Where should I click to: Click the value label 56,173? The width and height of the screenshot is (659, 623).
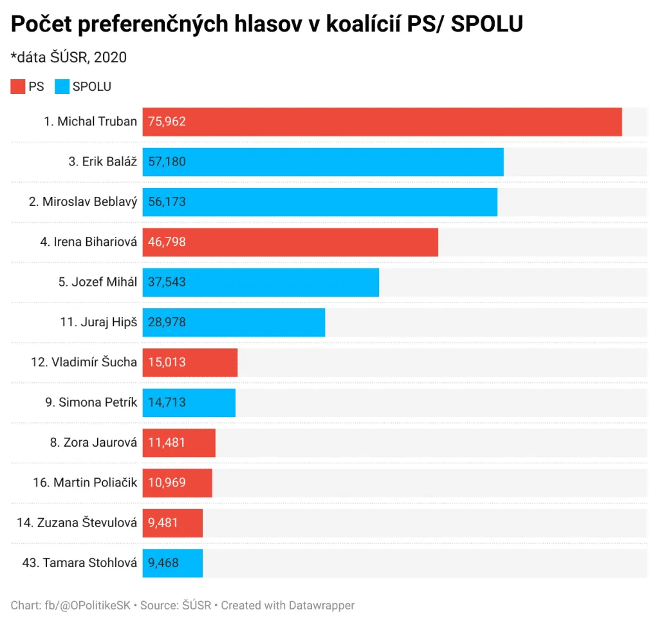(x=167, y=201)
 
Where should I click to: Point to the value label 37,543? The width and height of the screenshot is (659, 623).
(x=167, y=282)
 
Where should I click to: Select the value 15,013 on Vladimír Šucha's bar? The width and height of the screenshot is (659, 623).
(x=167, y=362)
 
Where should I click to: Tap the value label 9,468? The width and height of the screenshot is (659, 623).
(x=163, y=563)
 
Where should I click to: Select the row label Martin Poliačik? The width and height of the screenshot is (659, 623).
(x=85, y=482)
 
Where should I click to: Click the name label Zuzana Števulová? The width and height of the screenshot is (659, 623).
(x=77, y=523)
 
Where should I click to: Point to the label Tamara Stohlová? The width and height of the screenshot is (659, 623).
(x=80, y=563)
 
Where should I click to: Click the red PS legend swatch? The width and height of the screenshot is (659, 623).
(x=17, y=86)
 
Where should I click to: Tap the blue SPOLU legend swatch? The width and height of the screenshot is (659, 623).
(x=62, y=86)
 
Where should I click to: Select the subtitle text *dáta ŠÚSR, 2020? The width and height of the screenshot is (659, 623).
(x=69, y=57)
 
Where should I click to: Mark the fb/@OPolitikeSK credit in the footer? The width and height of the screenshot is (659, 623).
(x=87, y=605)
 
